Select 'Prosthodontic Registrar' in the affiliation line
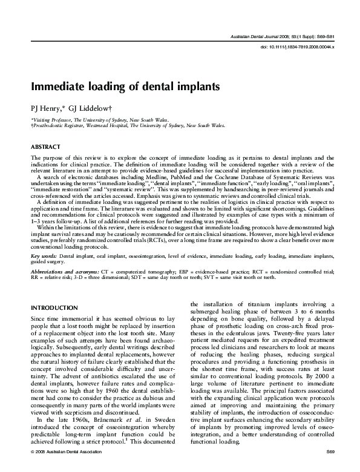click(58, 125)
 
